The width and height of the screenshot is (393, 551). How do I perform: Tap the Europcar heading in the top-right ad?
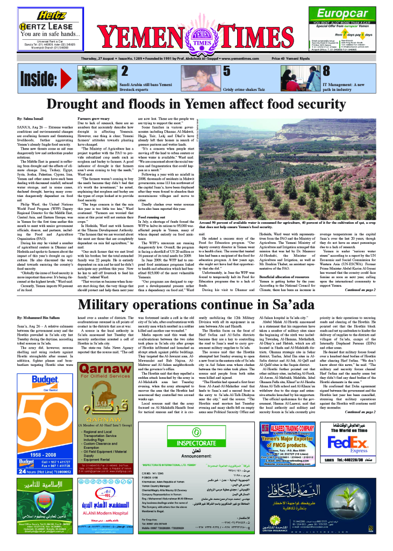tap(343, 14)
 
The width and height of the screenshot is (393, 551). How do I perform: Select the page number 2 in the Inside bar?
tap(124, 70)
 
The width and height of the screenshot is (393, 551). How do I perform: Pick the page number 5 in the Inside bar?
tap(227, 70)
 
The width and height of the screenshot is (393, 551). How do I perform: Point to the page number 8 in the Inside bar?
tap(326, 70)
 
